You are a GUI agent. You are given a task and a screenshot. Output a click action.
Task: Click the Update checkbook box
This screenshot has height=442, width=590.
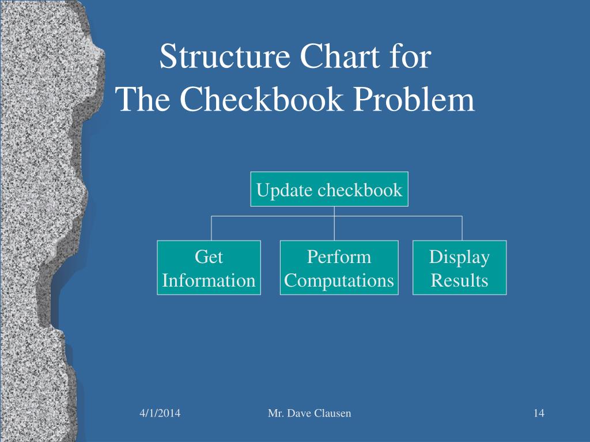[329, 189]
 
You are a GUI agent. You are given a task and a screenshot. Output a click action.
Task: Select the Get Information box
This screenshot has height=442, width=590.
[209, 269]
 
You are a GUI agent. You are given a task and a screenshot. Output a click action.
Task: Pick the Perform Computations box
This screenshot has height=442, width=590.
[339, 269]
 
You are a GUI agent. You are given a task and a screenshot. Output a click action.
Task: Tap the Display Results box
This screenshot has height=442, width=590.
[460, 269]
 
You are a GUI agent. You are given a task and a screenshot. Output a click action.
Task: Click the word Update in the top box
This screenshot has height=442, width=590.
[279, 190]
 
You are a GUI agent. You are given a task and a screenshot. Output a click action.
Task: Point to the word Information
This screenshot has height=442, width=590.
[209, 281]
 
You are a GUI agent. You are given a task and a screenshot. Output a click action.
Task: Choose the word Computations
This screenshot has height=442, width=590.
[339, 281]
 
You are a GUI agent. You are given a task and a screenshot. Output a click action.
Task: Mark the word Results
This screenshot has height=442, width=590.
[460, 281]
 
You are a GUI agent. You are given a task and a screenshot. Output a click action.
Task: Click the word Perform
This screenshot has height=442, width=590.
[339, 257]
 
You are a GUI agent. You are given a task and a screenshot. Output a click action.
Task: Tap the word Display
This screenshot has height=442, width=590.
[460, 257]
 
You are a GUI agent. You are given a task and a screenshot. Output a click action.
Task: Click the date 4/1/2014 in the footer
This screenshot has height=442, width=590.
[160, 413]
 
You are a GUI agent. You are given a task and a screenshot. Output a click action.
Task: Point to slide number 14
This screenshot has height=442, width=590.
[539, 413]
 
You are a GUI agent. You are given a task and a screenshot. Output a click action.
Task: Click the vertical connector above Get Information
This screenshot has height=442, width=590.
[211, 228]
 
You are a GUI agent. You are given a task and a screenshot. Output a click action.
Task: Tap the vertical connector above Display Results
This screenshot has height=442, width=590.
[462, 228]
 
